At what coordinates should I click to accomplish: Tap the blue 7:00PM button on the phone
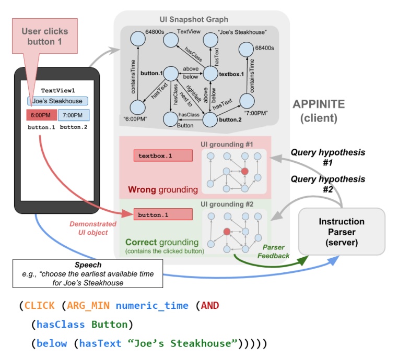click(74, 115)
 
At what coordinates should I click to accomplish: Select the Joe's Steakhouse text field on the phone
click(57, 101)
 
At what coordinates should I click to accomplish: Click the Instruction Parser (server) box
click(342, 232)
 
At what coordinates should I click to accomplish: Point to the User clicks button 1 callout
click(45, 36)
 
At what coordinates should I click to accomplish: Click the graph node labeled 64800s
click(138, 39)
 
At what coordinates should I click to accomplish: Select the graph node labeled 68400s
click(246, 49)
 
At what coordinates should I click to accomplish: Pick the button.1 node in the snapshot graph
click(171, 74)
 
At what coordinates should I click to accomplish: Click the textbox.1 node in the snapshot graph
click(210, 74)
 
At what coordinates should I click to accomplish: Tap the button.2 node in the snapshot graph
click(210, 119)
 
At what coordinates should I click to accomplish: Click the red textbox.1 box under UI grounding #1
click(163, 155)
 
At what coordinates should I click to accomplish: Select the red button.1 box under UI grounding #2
click(163, 214)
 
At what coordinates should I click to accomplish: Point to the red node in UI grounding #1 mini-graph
click(244, 171)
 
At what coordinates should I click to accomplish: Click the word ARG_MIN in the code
click(88, 306)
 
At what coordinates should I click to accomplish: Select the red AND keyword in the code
click(210, 306)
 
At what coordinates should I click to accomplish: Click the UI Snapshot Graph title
click(194, 19)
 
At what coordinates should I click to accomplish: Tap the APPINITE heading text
click(319, 104)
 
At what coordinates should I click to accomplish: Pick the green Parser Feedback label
click(273, 251)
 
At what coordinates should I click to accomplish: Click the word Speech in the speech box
click(88, 265)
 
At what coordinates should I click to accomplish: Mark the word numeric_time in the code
click(152, 306)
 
